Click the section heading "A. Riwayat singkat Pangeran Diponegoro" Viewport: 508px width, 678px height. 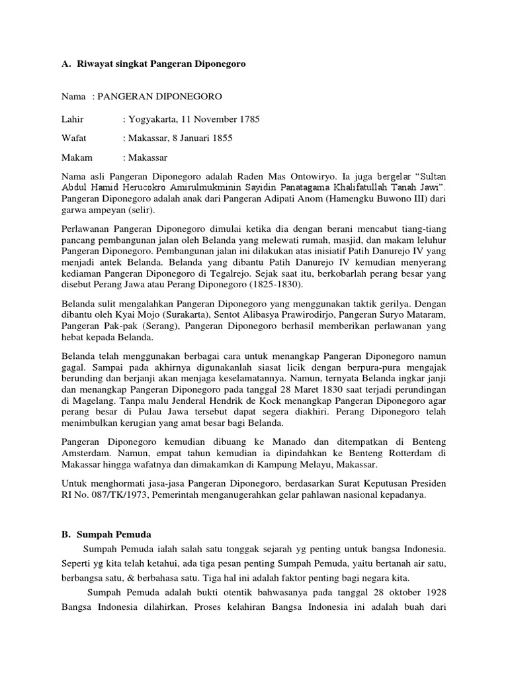[x=153, y=65]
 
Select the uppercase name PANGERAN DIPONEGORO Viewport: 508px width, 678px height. [x=159, y=97]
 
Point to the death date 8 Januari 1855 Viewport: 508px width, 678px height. [x=199, y=138]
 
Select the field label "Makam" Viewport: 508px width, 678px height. [x=77, y=158]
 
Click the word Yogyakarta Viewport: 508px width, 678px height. [x=150, y=120]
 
